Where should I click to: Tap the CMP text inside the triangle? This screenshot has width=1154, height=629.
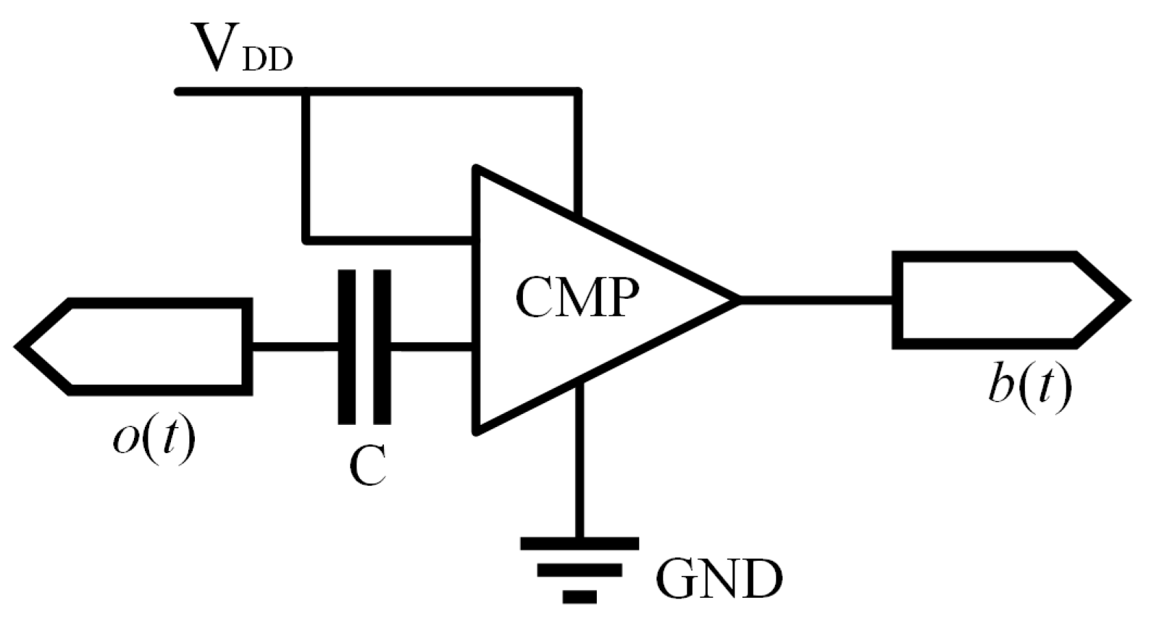tap(577, 297)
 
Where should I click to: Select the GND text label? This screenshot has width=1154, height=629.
tap(719, 578)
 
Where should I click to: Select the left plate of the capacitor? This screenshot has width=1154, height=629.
tap(347, 347)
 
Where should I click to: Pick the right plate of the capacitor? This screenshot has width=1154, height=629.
tap(382, 347)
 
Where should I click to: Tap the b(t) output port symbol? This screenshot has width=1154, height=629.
tap(1007, 299)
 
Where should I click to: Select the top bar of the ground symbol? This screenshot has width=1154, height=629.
tap(579, 543)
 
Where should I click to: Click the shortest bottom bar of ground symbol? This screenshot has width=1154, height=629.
tap(579, 597)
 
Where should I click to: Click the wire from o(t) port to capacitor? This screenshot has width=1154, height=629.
tap(293, 347)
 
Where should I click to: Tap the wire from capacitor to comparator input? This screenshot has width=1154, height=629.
tap(431, 347)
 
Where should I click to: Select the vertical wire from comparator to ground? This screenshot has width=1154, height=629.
tap(579, 463)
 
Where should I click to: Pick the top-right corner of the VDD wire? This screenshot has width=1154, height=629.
tap(577, 92)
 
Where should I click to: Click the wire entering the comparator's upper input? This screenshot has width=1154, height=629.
tap(391, 239)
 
